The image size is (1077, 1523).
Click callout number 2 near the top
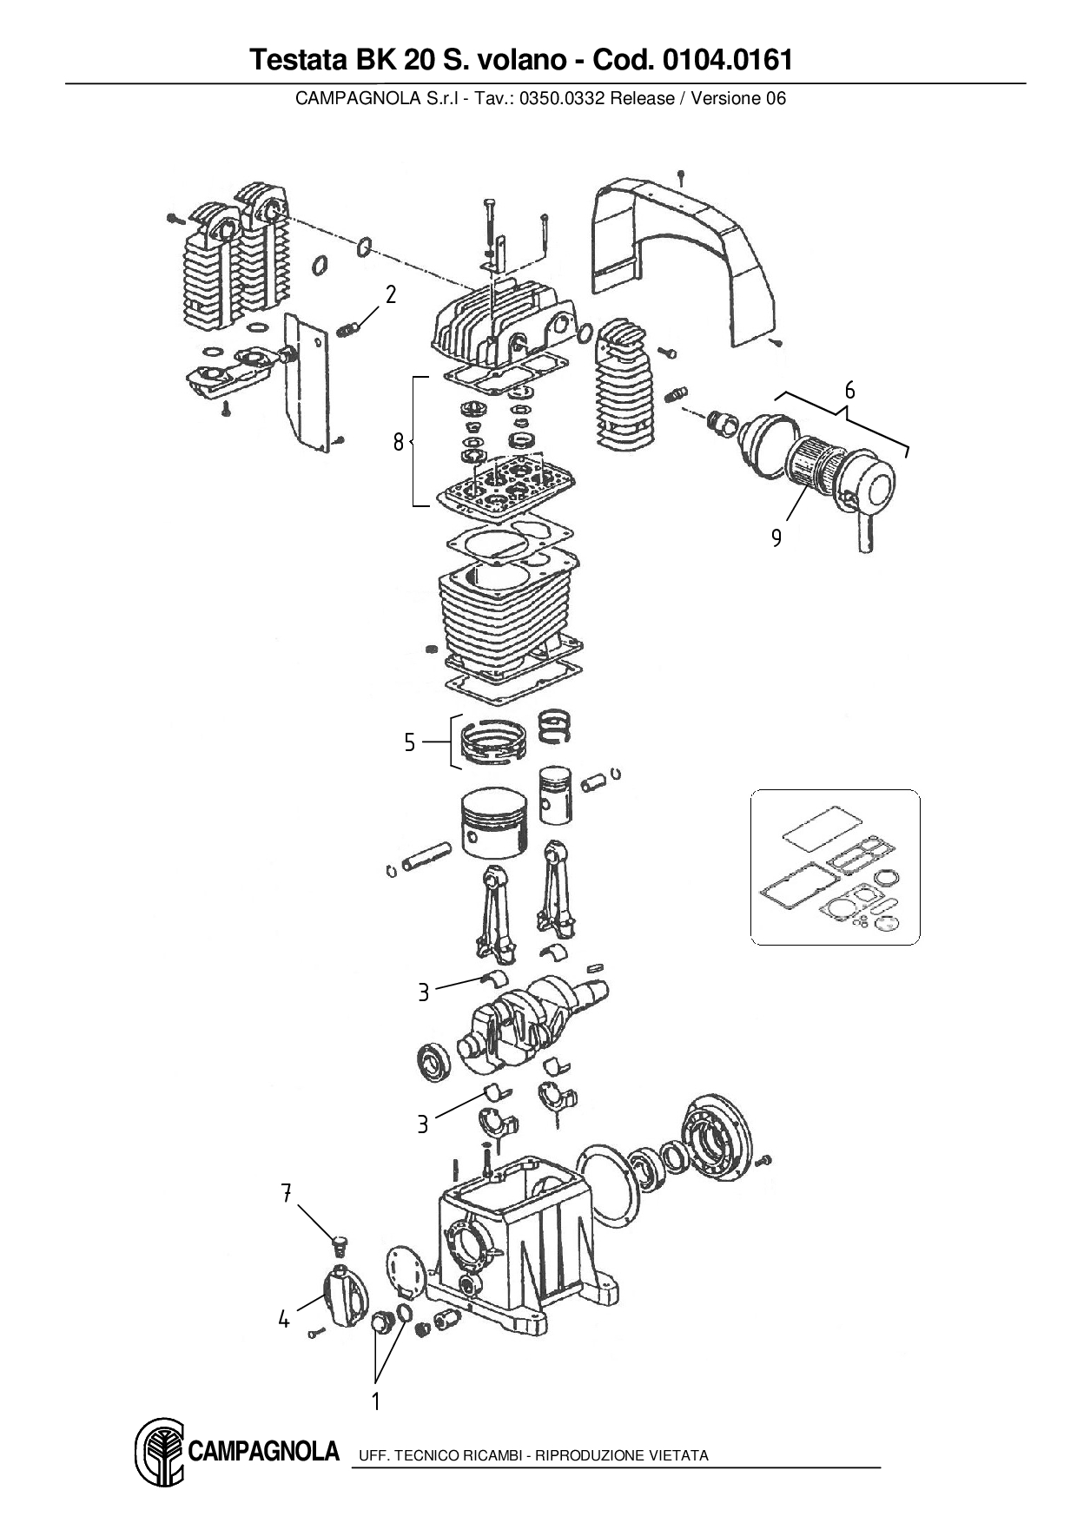(x=391, y=295)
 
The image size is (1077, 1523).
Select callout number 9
(x=776, y=538)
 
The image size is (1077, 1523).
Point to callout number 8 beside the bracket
(x=398, y=443)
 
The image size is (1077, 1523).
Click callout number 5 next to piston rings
(x=410, y=743)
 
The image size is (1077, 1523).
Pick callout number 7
(x=286, y=1193)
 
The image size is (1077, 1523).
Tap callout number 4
(x=284, y=1320)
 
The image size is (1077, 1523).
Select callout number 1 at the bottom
(x=376, y=1401)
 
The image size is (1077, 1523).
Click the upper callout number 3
(x=423, y=992)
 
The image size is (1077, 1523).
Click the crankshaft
(x=530, y=1016)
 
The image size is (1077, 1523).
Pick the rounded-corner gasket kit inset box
(x=835, y=867)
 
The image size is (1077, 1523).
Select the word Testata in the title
(x=295, y=60)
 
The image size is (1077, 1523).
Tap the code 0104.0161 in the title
(x=727, y=60)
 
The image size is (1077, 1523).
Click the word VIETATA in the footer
(x=678, y=1455)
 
